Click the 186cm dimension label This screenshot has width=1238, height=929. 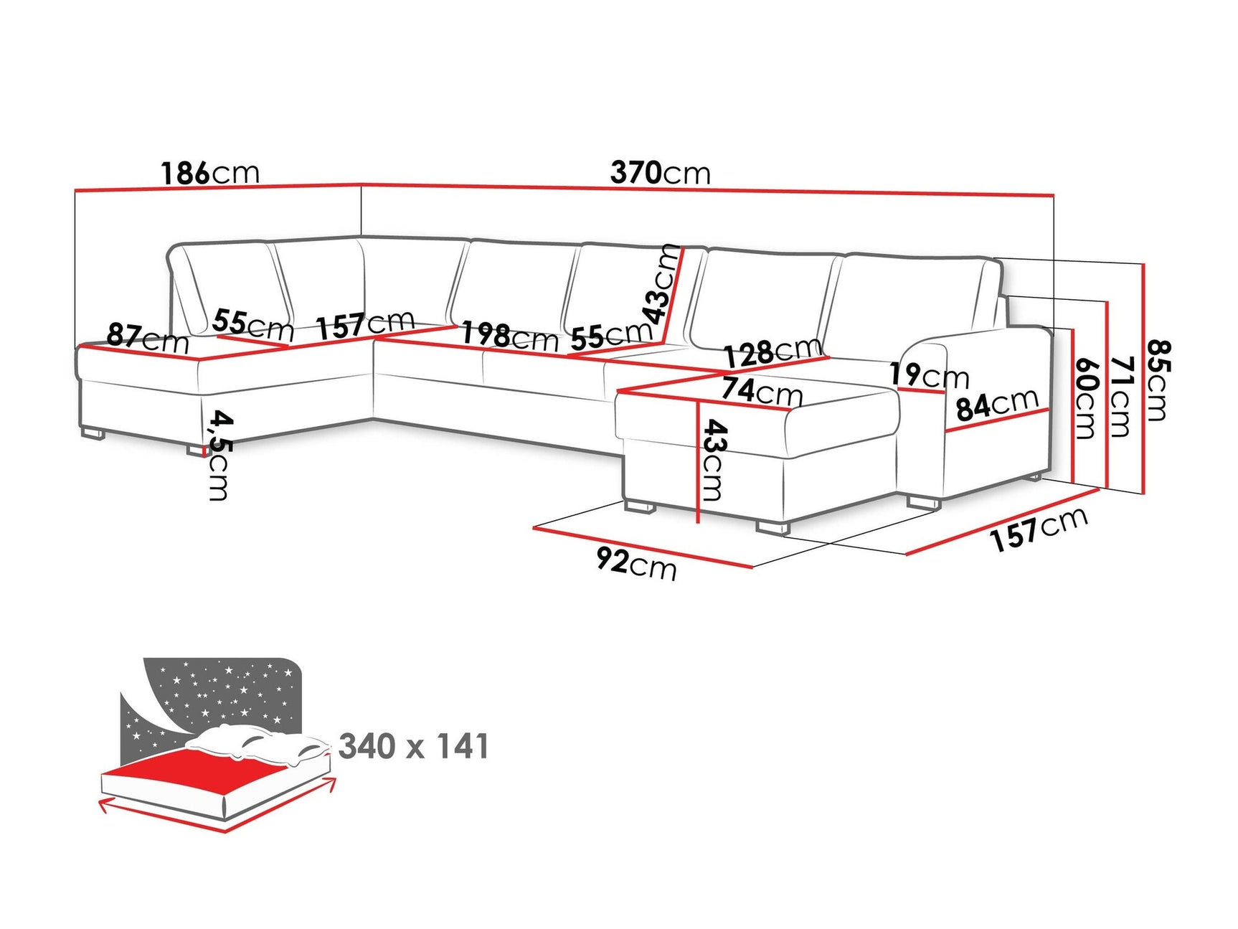click(x=209, y=173)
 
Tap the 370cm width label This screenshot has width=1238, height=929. click(x=660, y=173)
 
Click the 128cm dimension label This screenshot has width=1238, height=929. click(x=772, y=352)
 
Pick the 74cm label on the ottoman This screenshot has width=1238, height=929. click(x=762, y=391)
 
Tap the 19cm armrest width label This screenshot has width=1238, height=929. click(x=929, y=375)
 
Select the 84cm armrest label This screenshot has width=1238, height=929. click(x=997, y=405)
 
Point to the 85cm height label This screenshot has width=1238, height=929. click(x=1158, y=380)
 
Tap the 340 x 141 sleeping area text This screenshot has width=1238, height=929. click(x=414, y=747)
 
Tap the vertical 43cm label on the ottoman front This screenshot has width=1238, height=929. click(x=714, y=460)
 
